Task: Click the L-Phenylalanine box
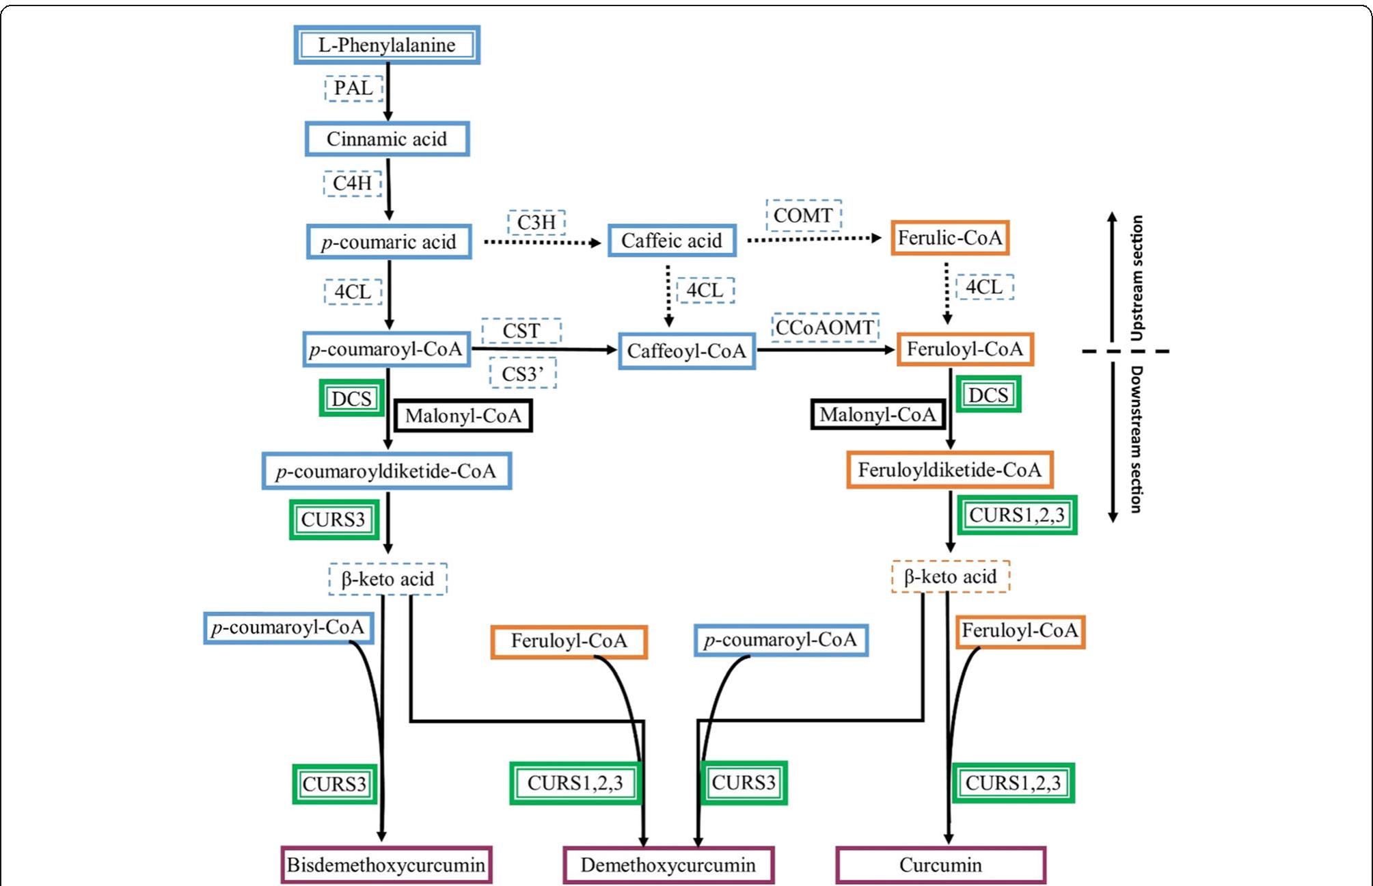pyautogui.click(x=387, y=45)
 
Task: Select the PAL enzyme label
pyautogui.click(x=353, y=88)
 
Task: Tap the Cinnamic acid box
pyautogui.click(x=387, y=139)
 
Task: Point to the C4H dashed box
pyautogui.click(x=352, y=183)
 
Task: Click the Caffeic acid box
pyautogui.click(x=671, y=241)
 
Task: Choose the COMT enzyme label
pyautogui.click(x=803, y=215)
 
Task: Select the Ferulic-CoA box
pyautogui.click(x=950, y=238)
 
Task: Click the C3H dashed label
pyautogui.click(x=536, y=222)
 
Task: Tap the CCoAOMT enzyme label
pyautogui.click(x=825, y=327)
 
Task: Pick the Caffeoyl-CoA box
pyautogui.click(x=687, y=351)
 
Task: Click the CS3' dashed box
pyautogui.click(x=523, y=374)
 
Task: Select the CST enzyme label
pyautogui.click(x=521, y=331)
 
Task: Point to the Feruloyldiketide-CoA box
pyautogui.click(x=950, y=470)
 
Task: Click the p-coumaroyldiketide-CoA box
pyautogui.click(x=386, y=471)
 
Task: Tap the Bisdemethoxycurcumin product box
pyautogui.click(x=386, y=865)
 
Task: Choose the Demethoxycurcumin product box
pyautogui.click(x=668, y=865)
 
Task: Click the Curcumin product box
pyautogui.click(x=940, y=865)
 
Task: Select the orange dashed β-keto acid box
pyautogui.click(x=951, y=576)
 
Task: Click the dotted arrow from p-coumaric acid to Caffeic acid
pyautogui.click(x=540, y=242)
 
